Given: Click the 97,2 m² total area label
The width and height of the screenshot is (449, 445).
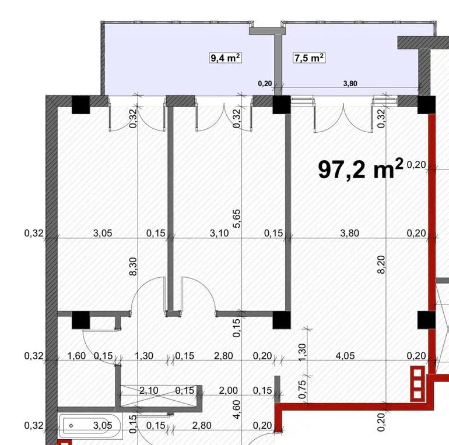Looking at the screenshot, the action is click(360, 169).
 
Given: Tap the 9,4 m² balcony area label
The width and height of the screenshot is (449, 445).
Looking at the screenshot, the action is click(225, 58).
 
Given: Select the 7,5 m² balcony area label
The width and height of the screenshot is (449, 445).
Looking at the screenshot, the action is click(309, 58).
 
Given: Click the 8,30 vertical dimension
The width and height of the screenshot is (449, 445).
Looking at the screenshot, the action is click(134, 266).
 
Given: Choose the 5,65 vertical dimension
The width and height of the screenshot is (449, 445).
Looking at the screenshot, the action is click(237, 219).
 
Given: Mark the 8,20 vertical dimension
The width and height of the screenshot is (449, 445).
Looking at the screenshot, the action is click(381, 264).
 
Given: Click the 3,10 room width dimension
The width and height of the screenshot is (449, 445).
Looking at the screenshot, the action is click(219, 233).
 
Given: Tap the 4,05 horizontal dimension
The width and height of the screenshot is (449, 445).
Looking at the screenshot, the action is click(345, 356).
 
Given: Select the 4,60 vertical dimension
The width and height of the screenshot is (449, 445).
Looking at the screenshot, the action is click(237, 409).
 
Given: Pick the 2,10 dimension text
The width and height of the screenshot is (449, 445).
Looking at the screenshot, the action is click(149, 390).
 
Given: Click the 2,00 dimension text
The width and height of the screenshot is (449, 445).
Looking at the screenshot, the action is click(228, 390).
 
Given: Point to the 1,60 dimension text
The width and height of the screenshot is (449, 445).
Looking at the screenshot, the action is click(76, 356).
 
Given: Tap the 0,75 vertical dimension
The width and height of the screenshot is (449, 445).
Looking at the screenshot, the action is click(303, 390).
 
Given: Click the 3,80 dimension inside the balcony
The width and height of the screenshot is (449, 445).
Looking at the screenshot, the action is click(350, 83).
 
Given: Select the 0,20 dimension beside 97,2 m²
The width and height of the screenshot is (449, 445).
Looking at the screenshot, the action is click(416, 165).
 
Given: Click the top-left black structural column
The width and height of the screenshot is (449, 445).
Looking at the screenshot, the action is click(80, 105).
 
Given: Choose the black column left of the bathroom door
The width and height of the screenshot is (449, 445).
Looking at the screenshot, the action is click(80, 320).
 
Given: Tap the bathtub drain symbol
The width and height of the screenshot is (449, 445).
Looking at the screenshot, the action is click(71, 426).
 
